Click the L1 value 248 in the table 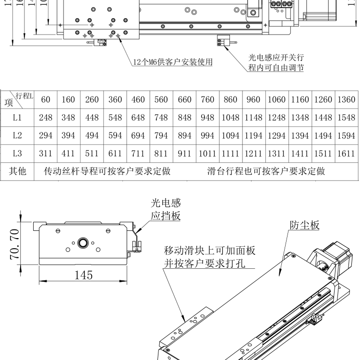pos(46,118)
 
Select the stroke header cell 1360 pos(347,100)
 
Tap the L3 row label pos(17,154)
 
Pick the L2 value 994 pos(207,136)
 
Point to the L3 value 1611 pos(347,154)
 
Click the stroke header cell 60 pos(46,100)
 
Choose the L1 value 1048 pos(231,118)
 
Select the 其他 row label pos(18,171)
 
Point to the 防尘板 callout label pos(305,225)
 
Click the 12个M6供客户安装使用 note pos(173,62)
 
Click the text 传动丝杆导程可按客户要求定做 pos(107,171)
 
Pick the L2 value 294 pos(46,136)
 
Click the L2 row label pos(17,136)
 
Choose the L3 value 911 pos(184,154)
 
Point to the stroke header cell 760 pos(207,100)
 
